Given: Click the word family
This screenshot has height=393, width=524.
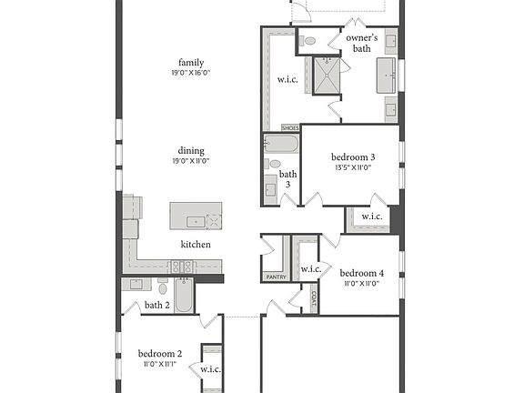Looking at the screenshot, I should pos(191,62).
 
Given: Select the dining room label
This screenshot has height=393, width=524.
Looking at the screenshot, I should pos(191,150).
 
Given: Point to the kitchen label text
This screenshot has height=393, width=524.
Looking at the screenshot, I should pos(196,244).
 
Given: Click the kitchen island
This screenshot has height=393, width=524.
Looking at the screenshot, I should pos(196,217).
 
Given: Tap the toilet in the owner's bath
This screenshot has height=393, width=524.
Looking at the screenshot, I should pos(308,41).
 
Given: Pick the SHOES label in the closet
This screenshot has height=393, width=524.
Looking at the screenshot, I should pos(290,128).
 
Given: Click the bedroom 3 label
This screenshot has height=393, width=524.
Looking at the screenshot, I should pos(354,157).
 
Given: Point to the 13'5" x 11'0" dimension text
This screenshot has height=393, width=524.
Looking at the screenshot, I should pos(354,167).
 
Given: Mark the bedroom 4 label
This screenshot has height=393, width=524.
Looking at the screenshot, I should pos(361,273).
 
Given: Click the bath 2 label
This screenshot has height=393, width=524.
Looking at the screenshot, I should pos(156,305).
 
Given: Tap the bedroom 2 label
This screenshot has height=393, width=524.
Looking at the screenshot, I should pos(160,353).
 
